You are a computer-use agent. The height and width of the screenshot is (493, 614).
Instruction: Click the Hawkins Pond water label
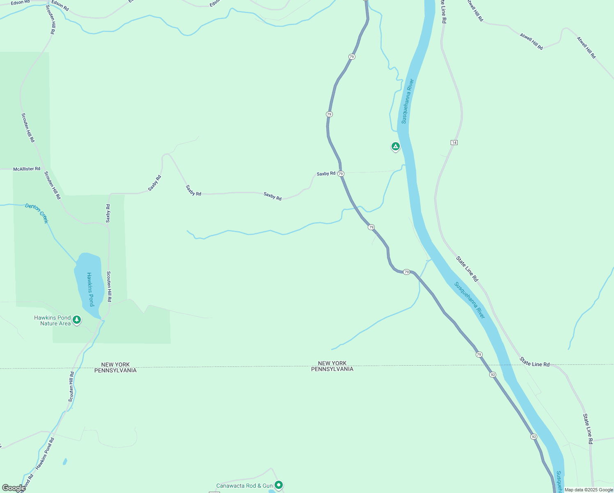[90, 289]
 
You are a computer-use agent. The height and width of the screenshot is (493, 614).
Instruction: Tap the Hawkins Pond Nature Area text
[53, 320]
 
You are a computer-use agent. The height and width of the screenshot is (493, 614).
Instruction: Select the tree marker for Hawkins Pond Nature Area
[76, 319]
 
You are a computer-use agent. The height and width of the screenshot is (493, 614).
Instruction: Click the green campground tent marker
[395, 146]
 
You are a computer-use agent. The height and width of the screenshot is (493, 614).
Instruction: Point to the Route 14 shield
[454, 143]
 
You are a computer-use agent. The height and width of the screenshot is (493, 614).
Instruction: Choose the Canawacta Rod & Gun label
[244, 486]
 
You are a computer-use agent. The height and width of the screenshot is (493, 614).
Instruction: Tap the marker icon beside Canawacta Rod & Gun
[279, 485]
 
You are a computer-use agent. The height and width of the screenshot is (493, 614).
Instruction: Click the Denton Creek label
[37, 213]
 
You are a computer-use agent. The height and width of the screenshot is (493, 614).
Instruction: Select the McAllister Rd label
[27, 169]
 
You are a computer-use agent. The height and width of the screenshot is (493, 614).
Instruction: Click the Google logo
[14, 488]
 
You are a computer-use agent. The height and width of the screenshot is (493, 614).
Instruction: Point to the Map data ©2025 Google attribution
[589, 490]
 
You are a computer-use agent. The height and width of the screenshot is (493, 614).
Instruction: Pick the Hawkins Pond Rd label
[45, 454]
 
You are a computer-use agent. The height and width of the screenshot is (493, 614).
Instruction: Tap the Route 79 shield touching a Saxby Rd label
[341, 174]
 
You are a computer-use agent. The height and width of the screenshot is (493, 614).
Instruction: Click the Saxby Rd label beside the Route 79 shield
[326, 174]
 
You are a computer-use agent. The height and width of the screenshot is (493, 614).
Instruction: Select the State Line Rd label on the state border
[534, 362]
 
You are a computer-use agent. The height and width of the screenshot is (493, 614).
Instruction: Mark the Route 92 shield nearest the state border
[493, 375]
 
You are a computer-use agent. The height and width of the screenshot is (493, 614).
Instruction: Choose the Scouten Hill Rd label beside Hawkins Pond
[109, 286]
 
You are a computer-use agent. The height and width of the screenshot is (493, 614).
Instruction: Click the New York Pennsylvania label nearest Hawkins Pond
[115, 367]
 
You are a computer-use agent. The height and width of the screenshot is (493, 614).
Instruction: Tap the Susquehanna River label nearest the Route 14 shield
[407, 101]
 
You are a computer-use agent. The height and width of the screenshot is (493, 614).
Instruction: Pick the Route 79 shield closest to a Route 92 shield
[479, 354]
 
